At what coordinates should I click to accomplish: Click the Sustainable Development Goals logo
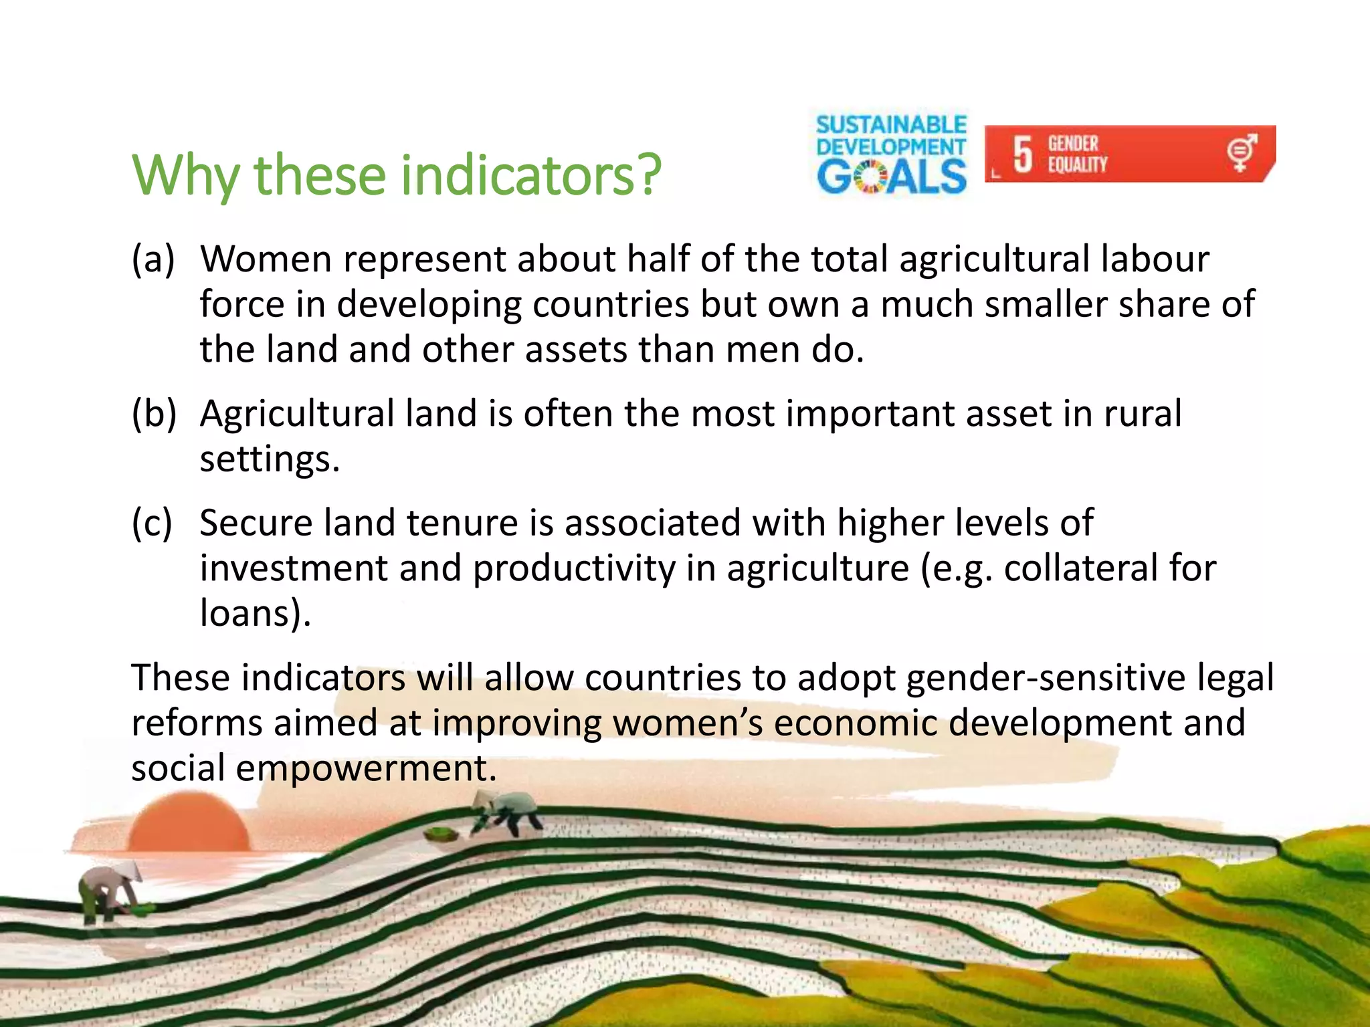[891, 154]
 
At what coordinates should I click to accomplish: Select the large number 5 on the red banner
[1022, 154]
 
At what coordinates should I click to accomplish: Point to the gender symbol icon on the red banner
[1242, 152]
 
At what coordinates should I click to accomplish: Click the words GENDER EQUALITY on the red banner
[1077, 154]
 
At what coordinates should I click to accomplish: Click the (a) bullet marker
[153, 259]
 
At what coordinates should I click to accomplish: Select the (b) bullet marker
[154, 414]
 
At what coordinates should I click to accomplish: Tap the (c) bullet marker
[153, 523]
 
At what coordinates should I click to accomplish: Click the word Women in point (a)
[266, 259]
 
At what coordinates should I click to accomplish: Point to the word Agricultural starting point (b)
[297, 414]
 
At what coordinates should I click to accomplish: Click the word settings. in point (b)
[270, 459]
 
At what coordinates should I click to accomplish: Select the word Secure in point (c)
[256, 523]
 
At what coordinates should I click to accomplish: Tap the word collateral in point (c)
[1080, 568]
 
